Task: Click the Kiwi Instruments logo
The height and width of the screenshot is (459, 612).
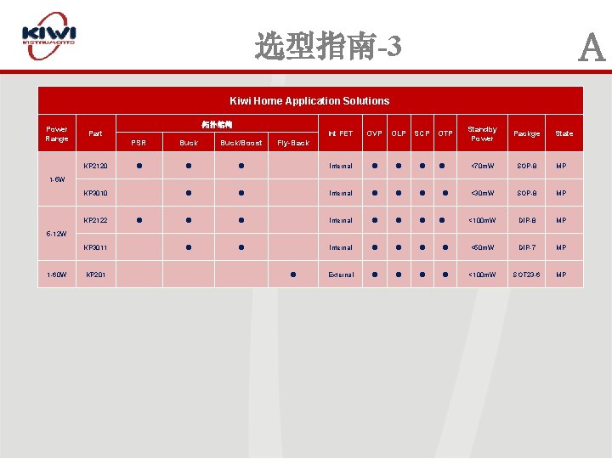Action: [x=49, y=36]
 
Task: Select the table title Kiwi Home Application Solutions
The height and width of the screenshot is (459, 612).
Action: [x=309, y=100]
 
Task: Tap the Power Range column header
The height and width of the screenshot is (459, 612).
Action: [x=57, y=133]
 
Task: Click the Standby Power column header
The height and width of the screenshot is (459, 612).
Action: [x=482, y=133]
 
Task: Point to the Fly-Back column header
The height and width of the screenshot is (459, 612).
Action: [x=293, y=143]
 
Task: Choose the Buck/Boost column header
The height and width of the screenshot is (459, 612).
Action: [x=241, y=143]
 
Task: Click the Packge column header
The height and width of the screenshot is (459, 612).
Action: [x=527, y=133]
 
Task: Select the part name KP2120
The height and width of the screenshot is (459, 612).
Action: [x=95, y=166]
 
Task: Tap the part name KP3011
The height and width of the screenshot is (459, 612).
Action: [x=95, y=247]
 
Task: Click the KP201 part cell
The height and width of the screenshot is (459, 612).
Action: [x=94, y=275]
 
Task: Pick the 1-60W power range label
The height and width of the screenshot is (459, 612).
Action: [x=57, y=275]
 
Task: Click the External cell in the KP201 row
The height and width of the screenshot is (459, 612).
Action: [x=341, y=275]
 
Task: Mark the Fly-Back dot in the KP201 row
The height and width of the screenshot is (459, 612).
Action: [x=292, y=274]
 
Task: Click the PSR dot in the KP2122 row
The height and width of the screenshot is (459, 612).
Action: [x=139, y=220]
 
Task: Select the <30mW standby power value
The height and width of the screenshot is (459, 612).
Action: [x=482, y=193]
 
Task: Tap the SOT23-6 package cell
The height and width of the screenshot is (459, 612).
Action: [x=527, y=275]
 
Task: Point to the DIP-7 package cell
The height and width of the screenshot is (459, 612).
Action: [x=527, y=247]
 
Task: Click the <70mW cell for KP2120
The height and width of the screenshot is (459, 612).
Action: [x=482, y=166]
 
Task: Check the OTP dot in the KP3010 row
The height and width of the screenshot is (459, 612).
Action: [x=445, y=193]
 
